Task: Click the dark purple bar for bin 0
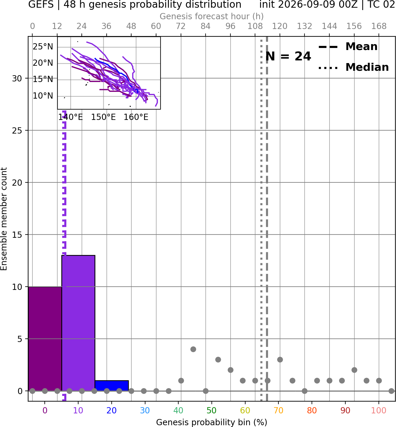(45, 339)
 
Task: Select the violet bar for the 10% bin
(78, 323)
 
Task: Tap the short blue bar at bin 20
(112, 386)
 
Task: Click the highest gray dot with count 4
(193, 349)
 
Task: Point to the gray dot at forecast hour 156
(354, 370)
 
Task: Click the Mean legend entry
(348, 47)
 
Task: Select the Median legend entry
(353, 67)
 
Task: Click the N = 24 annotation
(288, 56)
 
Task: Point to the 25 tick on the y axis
(17, 131)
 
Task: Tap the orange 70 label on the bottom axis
(278, 410)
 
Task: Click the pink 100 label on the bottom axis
(379, 410)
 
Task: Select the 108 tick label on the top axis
(255, 26)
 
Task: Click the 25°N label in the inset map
(43, 47)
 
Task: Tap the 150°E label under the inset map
(103, 117)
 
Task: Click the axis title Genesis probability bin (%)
(212, 422)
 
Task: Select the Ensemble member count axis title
(4, 219)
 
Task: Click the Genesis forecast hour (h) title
(212, 16)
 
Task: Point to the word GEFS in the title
(41, 4)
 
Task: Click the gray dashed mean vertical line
(267, 219)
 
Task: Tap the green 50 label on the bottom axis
(212, 410)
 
